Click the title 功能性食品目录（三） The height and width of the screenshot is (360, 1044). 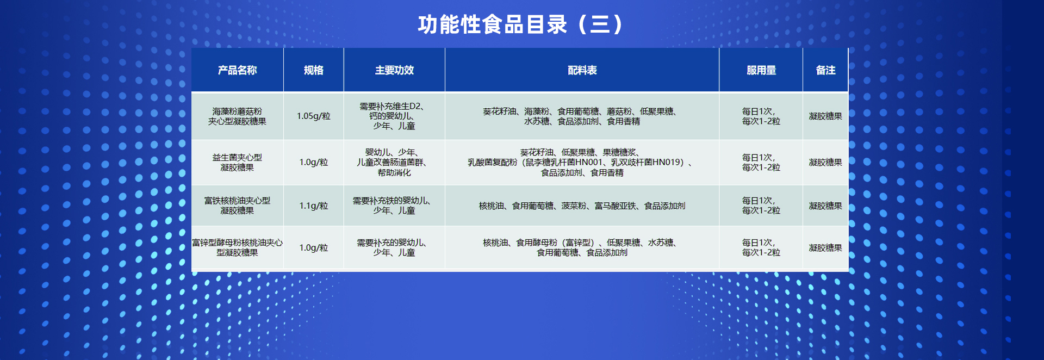click(521, 24)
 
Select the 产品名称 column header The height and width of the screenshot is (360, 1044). click(237, 70)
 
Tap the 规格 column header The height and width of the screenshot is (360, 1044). click(314, 70)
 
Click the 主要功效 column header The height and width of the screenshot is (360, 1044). click(394, 70)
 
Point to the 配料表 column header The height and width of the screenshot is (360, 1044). click(582, 70)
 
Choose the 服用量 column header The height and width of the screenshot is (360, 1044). click(761, 70)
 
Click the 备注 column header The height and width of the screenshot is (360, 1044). click(825, 70)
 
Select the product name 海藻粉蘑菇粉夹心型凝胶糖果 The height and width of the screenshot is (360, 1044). click(237, 116)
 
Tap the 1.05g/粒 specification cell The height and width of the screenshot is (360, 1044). click(314, 116)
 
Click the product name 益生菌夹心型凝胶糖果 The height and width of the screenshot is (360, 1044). click(237, 162)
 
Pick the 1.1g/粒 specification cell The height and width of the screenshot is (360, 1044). click(314, 206)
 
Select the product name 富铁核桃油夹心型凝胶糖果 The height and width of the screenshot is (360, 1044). click(237, 206)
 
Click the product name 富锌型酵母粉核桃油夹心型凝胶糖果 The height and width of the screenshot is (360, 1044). click(237, 247)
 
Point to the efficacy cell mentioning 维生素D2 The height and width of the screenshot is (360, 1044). click(394, 116)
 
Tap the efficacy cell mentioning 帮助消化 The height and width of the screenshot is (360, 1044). click(394, 162)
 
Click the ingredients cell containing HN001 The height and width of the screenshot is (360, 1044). click(582, 162)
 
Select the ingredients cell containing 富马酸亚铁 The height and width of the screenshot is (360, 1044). click(582, 206)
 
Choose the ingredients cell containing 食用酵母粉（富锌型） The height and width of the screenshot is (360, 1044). click(582, 247)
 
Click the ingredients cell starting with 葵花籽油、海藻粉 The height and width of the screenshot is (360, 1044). click(582, 116)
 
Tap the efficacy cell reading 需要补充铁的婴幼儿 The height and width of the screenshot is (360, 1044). click(394, 206)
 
